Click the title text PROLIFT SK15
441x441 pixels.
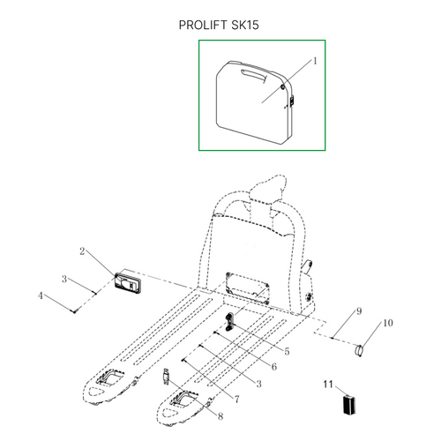click(x=219, y=25)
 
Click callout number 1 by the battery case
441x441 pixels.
click(x=315, y=61)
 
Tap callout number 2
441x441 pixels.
click(x=82, y=251)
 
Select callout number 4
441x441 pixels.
click(x=41, y=295)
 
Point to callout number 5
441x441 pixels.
click(x=287, y=351)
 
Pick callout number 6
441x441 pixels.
click(x=274, y=367)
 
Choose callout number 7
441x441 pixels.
click(x=237, y=399)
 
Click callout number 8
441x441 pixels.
click(x=220, y=416)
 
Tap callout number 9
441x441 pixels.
click(x=359, y=311)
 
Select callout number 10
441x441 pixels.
click(x=388, y=323)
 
